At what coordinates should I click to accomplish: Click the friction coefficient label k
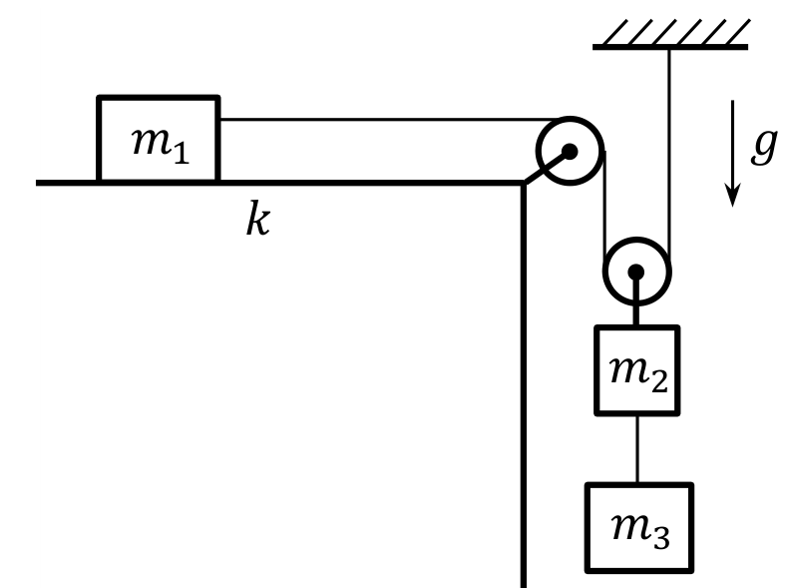(258, 218)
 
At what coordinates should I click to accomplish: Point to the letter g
(764, 146)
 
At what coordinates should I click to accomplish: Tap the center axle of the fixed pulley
(570, 152)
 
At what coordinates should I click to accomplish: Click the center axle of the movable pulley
(636, 272)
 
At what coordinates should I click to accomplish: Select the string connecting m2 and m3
(637, 449)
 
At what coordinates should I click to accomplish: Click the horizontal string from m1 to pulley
(389, 120)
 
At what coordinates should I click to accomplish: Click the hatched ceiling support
(671, 35)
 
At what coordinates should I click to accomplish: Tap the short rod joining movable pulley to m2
(636, 301)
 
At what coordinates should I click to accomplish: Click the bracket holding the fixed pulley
(547, 167)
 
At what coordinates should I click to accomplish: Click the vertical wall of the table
(524, 385)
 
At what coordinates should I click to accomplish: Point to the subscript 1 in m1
(182, 153)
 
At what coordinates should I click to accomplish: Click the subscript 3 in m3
(661, 538)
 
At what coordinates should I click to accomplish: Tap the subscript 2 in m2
(659, 381)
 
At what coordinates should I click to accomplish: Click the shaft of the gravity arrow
(732, 143)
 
